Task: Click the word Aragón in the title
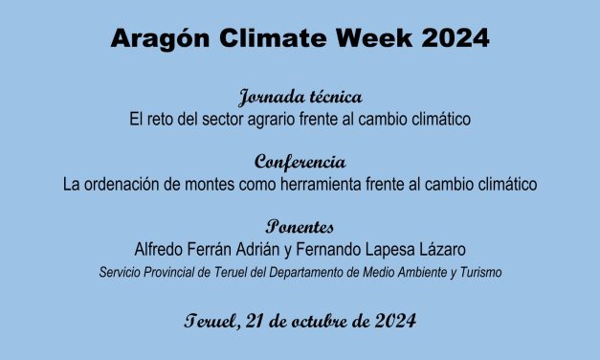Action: point(156,39)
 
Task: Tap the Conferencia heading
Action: point(300,162)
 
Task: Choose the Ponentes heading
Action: point(300,229)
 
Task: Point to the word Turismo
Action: point(478,273)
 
